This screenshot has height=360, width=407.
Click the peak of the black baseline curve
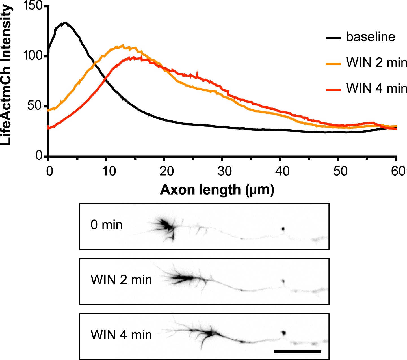click(65, 23)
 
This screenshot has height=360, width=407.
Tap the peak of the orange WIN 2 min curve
click(123, 45)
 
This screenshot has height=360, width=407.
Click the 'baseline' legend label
click(371, 37)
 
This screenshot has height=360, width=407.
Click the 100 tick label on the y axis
click(34, 56)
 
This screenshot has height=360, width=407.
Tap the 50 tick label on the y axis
click(37, 106)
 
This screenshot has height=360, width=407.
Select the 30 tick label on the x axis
click(224, 171)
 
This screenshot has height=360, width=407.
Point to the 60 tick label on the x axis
click(398, 171)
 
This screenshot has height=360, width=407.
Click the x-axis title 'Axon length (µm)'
click(217, 190)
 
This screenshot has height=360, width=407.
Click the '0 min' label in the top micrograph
click(107, 225)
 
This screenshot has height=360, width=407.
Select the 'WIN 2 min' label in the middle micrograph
click(121, 280)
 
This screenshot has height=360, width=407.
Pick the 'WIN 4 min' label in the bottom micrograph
click(121, 335)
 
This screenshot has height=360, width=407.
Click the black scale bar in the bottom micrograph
click(297, 352)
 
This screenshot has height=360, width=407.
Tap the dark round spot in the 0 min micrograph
click(283, 228)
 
